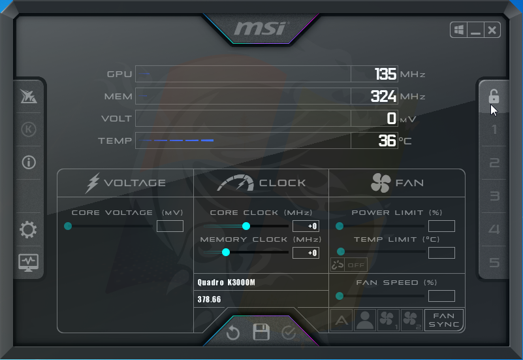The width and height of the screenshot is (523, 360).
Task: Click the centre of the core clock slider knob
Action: point(246,226)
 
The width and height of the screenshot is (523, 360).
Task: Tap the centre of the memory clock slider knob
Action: point(226,252)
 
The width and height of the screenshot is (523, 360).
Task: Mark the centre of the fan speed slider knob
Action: point(340,296)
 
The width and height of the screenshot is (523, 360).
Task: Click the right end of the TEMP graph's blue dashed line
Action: point(214,140)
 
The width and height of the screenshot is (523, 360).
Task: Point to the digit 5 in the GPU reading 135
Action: point(391,74)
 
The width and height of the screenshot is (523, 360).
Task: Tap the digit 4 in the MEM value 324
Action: point(392,97)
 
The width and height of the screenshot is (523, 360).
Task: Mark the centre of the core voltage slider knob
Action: point(68,226)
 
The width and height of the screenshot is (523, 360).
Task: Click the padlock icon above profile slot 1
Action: point(494,96)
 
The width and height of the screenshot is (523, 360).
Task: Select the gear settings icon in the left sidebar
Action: point(28,229)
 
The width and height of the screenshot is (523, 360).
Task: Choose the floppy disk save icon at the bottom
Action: point(261,332)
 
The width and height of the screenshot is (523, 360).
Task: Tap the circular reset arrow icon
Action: point(233,333)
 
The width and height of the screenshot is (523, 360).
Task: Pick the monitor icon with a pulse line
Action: point(28,263)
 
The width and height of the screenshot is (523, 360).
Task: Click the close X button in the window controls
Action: point(492,30)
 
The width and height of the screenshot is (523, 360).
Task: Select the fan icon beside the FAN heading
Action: point(381,183)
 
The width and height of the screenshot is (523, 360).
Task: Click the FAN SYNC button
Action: point(444,320)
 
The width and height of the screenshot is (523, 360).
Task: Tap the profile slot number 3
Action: point(494,196)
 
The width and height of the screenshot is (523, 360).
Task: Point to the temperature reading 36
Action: point(387,140)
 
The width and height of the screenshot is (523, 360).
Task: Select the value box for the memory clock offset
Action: point(306,253)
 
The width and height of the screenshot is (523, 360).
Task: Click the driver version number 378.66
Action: point(209,299)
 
